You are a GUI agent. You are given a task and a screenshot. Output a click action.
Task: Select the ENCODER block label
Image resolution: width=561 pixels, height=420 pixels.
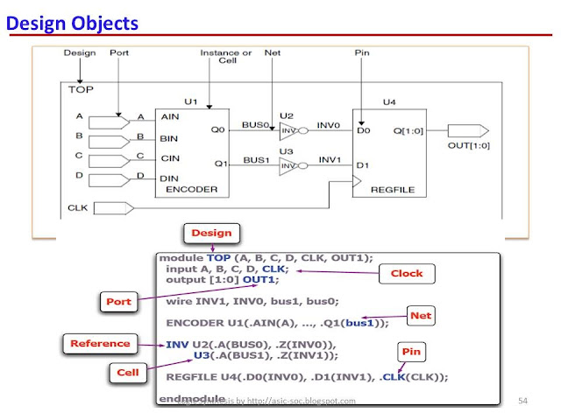[x=184, y=189]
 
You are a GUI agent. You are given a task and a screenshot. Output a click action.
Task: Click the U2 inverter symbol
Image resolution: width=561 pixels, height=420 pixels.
[x=290, y=136]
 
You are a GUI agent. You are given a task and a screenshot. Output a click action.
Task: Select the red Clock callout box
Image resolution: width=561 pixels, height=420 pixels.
[x=406, y=273]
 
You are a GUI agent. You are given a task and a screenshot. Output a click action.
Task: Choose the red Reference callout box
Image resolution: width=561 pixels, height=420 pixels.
[x=100, y=343]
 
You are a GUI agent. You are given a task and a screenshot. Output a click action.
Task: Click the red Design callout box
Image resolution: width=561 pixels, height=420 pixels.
[x=211, y=233]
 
